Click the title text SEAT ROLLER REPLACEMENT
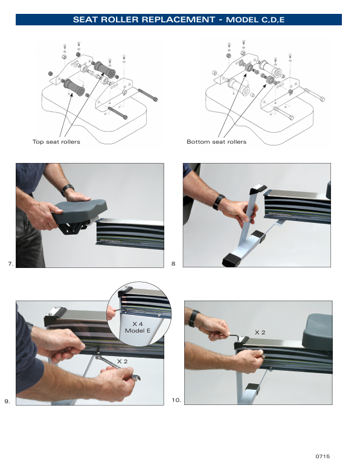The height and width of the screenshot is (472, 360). point(144,20)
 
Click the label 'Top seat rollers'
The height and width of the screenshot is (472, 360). point(56,142)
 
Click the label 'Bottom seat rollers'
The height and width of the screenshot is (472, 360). point(216,142)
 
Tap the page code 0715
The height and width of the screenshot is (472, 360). point(323,456)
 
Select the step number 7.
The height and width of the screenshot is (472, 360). point(10,264)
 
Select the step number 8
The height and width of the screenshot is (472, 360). point(173,264)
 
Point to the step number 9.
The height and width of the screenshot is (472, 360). point(7,401)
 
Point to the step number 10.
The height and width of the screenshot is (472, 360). point(176,400)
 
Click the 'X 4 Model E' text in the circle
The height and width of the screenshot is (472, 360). point(138,327)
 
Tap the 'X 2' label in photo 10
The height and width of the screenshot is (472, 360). point(260,333)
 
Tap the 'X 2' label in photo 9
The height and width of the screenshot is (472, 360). point(122,361)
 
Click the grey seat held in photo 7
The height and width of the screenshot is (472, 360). point(80,210)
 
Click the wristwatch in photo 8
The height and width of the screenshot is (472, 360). point(219,202)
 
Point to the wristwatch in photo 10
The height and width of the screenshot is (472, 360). point(194,319)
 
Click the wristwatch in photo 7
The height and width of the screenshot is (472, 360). point(67,190)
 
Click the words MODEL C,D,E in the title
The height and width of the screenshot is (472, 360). point(255,20)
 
